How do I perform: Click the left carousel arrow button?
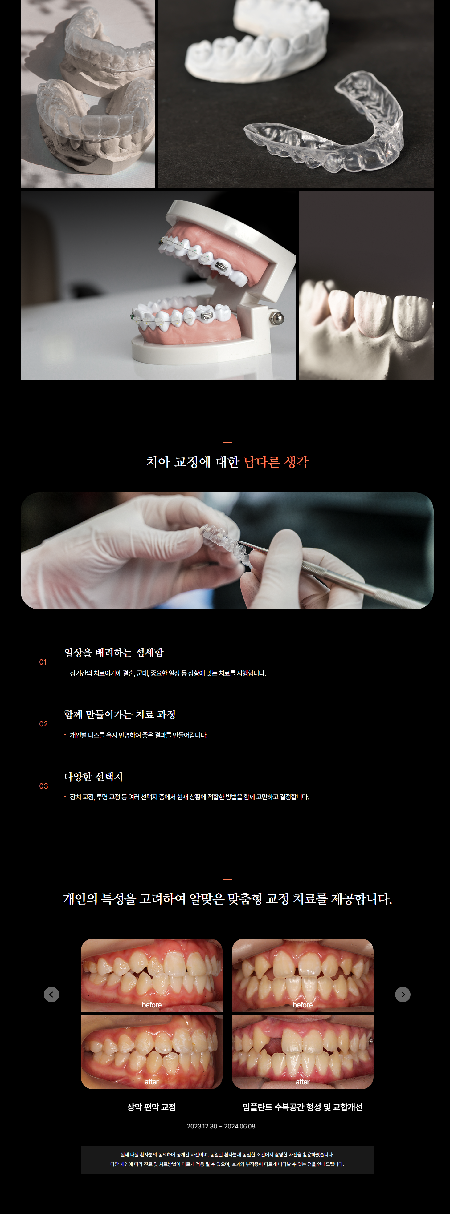point(51,995)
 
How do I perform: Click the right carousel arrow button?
point(402,995)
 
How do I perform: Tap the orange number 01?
point(43,662)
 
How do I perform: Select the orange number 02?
point(43,724)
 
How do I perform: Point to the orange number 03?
point(43,786)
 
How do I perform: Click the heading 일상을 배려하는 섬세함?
point(114,653)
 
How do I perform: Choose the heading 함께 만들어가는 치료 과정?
point(120,714)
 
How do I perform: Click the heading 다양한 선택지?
point(93,777)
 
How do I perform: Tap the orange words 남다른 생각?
point(276,462)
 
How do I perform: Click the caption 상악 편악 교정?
point(151,1107)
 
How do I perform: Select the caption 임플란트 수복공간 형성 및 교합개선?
point(302,1107)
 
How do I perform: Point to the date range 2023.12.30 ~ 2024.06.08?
point(221,1126)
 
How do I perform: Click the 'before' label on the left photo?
point(151,1005)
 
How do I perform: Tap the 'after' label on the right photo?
point(302,1082)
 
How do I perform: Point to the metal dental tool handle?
point(363,582)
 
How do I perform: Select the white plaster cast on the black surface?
point(257,40)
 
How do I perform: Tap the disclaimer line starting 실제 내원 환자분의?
point(227,1155)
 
